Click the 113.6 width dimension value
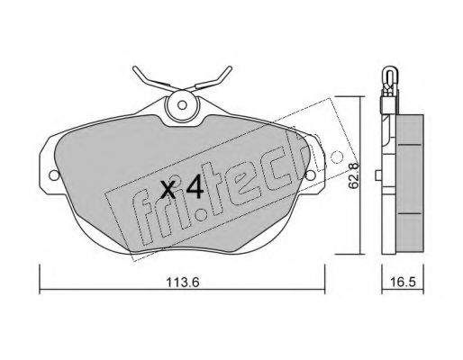pyautogui.click(x=183, y=283)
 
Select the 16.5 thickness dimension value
pyautogui.click(x=404, y=283)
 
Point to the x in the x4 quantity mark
pyautogui.click(x=168, y=190)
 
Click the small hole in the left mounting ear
pyautogui.click(x=54, y=175)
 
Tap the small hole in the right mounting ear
pyautogui.click(x=310, y=175)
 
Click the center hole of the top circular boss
pyautogui.click(x=182, y=105)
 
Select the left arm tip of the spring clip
pyautogui.click(x=134, y=67)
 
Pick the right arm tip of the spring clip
pyautogui.click(x=231, y=67)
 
